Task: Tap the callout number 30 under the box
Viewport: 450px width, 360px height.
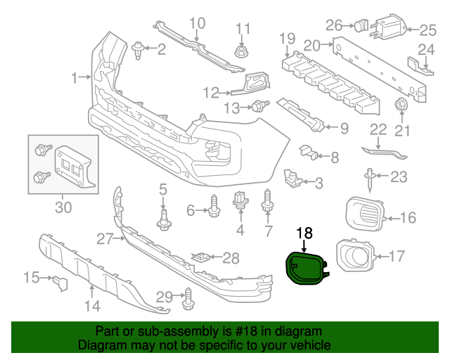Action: [x=63, y=207]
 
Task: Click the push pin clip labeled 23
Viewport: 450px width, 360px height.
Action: [x=368, y=179]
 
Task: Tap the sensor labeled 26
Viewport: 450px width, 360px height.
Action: [x=360, y=26]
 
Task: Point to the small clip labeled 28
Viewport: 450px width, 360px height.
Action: [x=203, y=257]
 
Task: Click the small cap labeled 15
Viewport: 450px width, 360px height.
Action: [x=58, y=283]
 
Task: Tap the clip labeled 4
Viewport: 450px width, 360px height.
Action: [x=240, y=200]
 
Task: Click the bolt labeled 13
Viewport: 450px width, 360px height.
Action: [x=260, y=107]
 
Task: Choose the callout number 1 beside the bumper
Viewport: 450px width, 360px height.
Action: [x=76, y=78]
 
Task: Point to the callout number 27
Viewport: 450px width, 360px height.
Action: [x=104, y=239]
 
